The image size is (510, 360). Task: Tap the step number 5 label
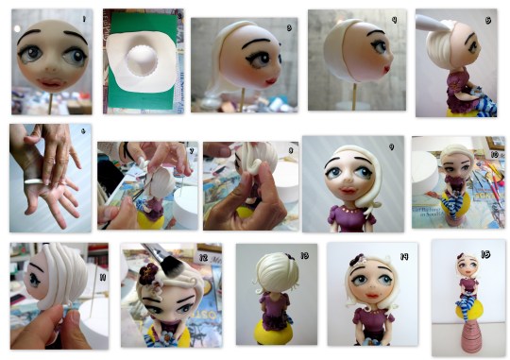(x=486, y=19)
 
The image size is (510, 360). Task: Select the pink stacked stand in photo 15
(x=467, y=333)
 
